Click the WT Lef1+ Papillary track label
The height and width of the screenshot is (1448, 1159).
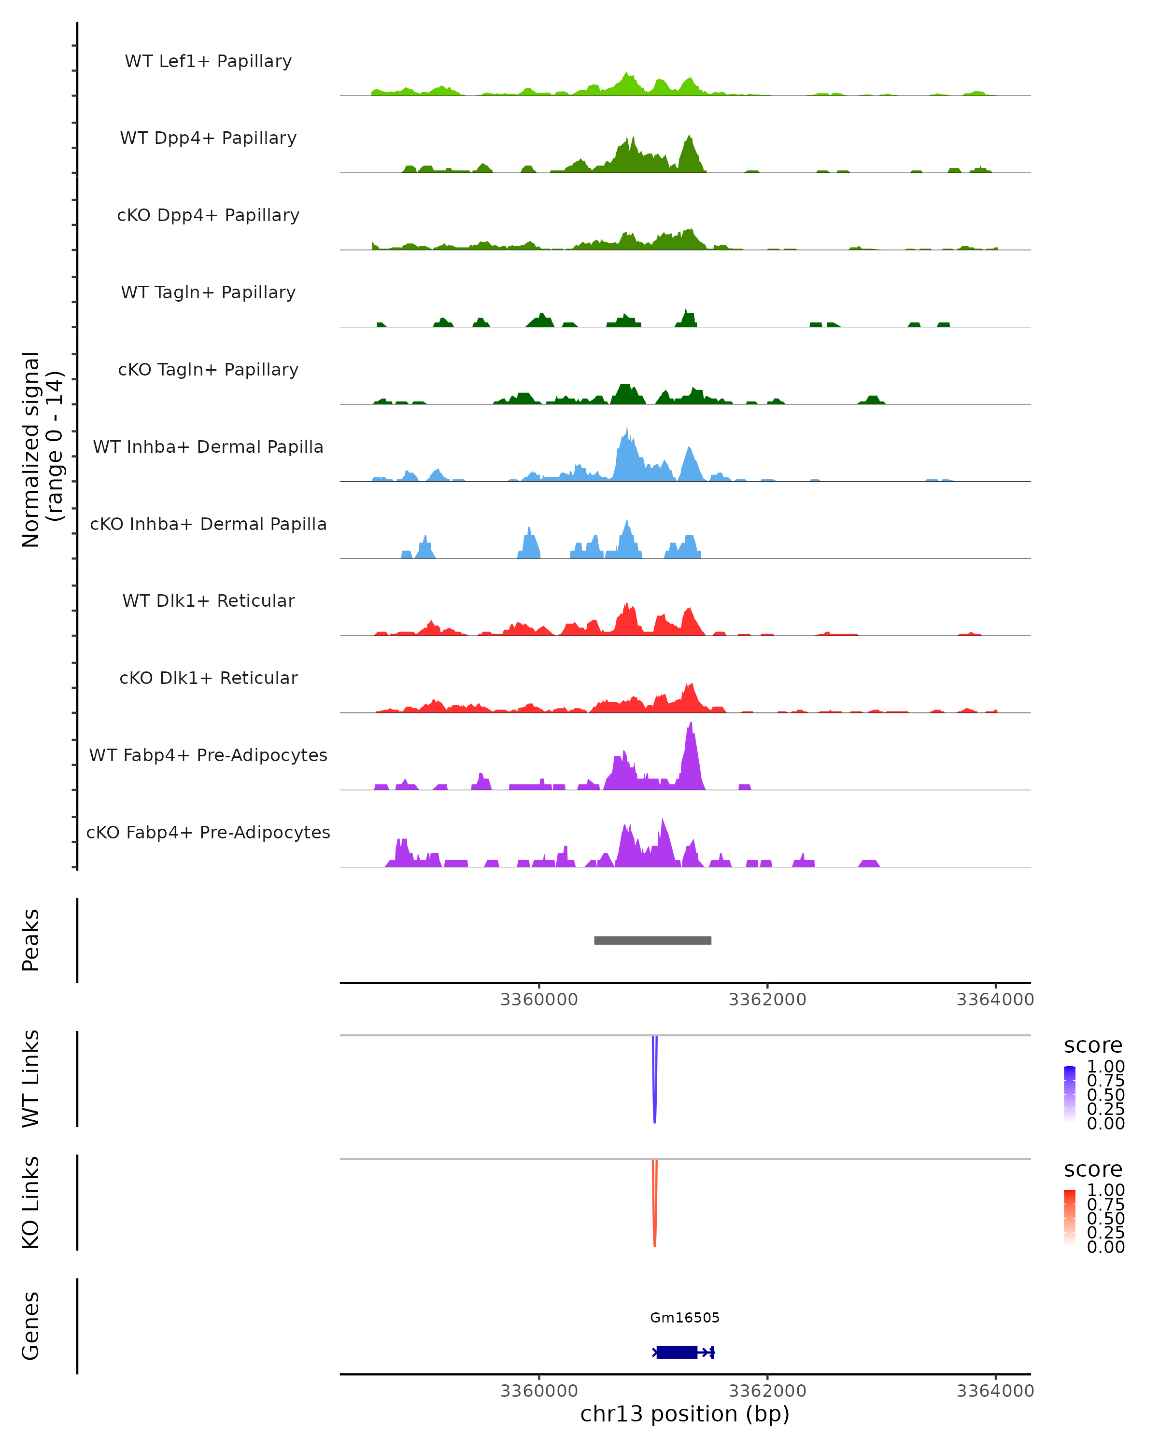tap(208, 61)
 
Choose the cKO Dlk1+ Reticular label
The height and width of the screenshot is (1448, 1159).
tap(208, 678)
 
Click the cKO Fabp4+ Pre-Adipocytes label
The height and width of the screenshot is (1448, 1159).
tap(208, 832)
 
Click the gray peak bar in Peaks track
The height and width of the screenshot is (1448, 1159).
tap(652, 940)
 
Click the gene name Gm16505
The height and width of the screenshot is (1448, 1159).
tap(685, 1318)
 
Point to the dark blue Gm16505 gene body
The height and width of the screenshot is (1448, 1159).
tap(677, 1352)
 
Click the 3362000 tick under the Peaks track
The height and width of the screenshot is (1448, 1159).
tap(767, 1000)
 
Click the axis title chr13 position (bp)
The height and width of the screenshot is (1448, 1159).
tap(685, 1414)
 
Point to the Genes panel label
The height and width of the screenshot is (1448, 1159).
tap(31, 1326)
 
